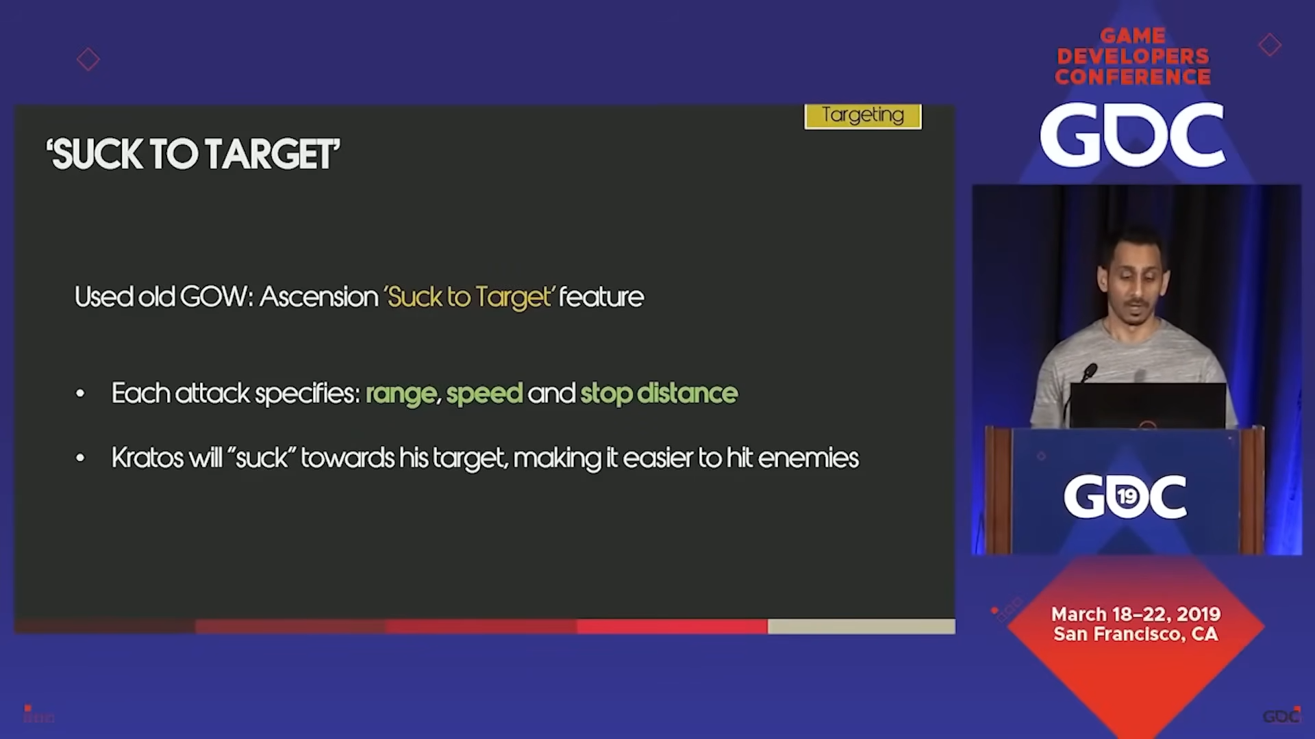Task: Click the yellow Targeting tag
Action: (863, 116)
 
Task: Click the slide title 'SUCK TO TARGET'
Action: (193, 153)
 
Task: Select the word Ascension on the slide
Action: (318, 297)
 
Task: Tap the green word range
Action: (401, 394)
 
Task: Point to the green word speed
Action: (484, 394)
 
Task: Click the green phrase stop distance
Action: (659, 393)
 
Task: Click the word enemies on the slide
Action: (808, 458)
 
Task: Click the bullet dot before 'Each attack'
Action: (80, 393)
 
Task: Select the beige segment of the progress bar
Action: (861, 626)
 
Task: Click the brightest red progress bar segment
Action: (672, 626)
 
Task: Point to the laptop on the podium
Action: (1147, 406)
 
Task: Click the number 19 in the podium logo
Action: (1127, 495)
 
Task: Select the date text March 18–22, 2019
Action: (1136, 614)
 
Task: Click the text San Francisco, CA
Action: (1136, 634)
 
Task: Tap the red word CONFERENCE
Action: (1133, 77)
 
